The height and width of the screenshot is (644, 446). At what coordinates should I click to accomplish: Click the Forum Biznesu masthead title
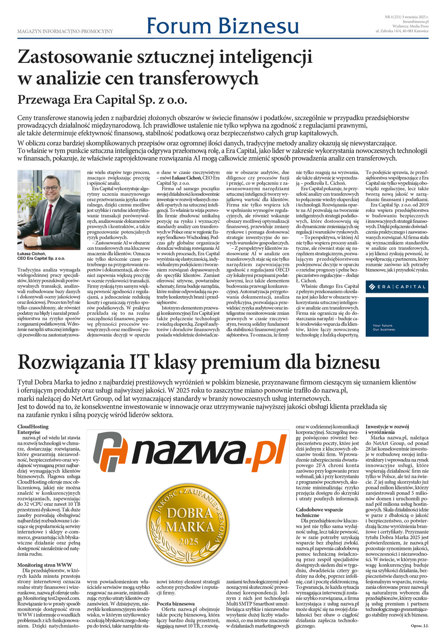[223, 26]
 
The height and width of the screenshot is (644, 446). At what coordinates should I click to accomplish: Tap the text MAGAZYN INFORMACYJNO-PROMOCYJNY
[65, 32]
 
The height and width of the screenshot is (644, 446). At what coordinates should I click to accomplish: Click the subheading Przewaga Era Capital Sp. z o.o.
[102, 100]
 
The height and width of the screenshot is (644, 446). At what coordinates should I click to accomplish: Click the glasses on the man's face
[50, 188]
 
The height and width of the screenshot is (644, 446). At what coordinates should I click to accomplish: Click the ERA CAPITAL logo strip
[397, 287]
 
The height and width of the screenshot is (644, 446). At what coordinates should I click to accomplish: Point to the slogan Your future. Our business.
[384, 327]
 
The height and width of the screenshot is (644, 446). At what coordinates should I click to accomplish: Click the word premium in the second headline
[243, 362]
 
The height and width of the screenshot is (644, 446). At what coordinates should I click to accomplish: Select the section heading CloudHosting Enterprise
[33, 429]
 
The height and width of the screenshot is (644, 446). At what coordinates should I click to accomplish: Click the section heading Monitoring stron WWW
[45, 565]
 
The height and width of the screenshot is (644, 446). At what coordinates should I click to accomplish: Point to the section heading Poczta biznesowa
[175, 604]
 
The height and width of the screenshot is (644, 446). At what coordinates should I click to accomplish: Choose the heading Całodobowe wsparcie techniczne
[319, 512]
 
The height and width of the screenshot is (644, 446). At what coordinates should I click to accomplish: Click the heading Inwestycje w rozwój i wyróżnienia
[387, 429]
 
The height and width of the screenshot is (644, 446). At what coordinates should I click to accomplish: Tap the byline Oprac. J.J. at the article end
[419, 626]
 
